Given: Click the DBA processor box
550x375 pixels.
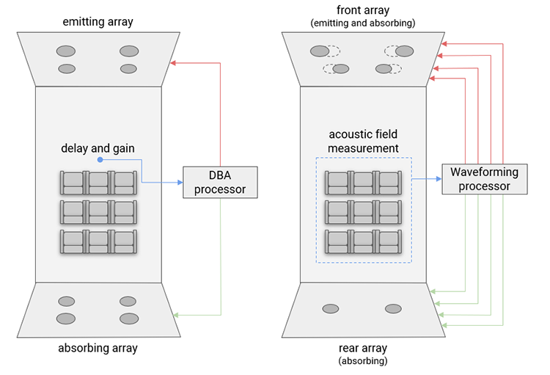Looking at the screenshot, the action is [220, 182].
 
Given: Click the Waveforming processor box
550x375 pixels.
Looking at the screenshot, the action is [485, 179].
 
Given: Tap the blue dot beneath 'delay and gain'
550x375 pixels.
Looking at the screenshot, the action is [100, 160].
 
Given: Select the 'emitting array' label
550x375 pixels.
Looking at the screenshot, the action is [98, 22].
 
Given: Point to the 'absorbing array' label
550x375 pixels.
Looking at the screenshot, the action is [98, 348].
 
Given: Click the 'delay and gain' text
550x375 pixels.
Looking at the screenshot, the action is [98, 148].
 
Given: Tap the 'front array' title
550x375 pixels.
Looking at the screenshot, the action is [363, 10].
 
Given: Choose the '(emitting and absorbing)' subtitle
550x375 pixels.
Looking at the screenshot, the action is [363, 23].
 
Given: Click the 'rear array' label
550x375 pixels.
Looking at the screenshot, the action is [363, 348].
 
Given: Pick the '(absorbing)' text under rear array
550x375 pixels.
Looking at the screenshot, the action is [363, 360].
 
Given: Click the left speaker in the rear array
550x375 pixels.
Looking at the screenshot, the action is [331, 309].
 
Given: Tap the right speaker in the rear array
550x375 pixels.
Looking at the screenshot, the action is [393, 309].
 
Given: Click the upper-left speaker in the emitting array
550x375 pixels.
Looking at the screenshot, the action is [66, 51].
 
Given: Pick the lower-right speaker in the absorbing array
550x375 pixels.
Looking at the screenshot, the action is [129, 318].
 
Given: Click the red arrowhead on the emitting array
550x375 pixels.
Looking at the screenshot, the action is [172, 63].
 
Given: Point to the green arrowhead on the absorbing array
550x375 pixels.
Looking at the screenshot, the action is [176, 315].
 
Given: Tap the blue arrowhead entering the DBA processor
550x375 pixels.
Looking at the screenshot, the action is [180, 183].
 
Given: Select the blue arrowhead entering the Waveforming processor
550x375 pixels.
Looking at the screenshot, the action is [439, 179].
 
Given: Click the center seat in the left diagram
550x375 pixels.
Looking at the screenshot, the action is [98, 212].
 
